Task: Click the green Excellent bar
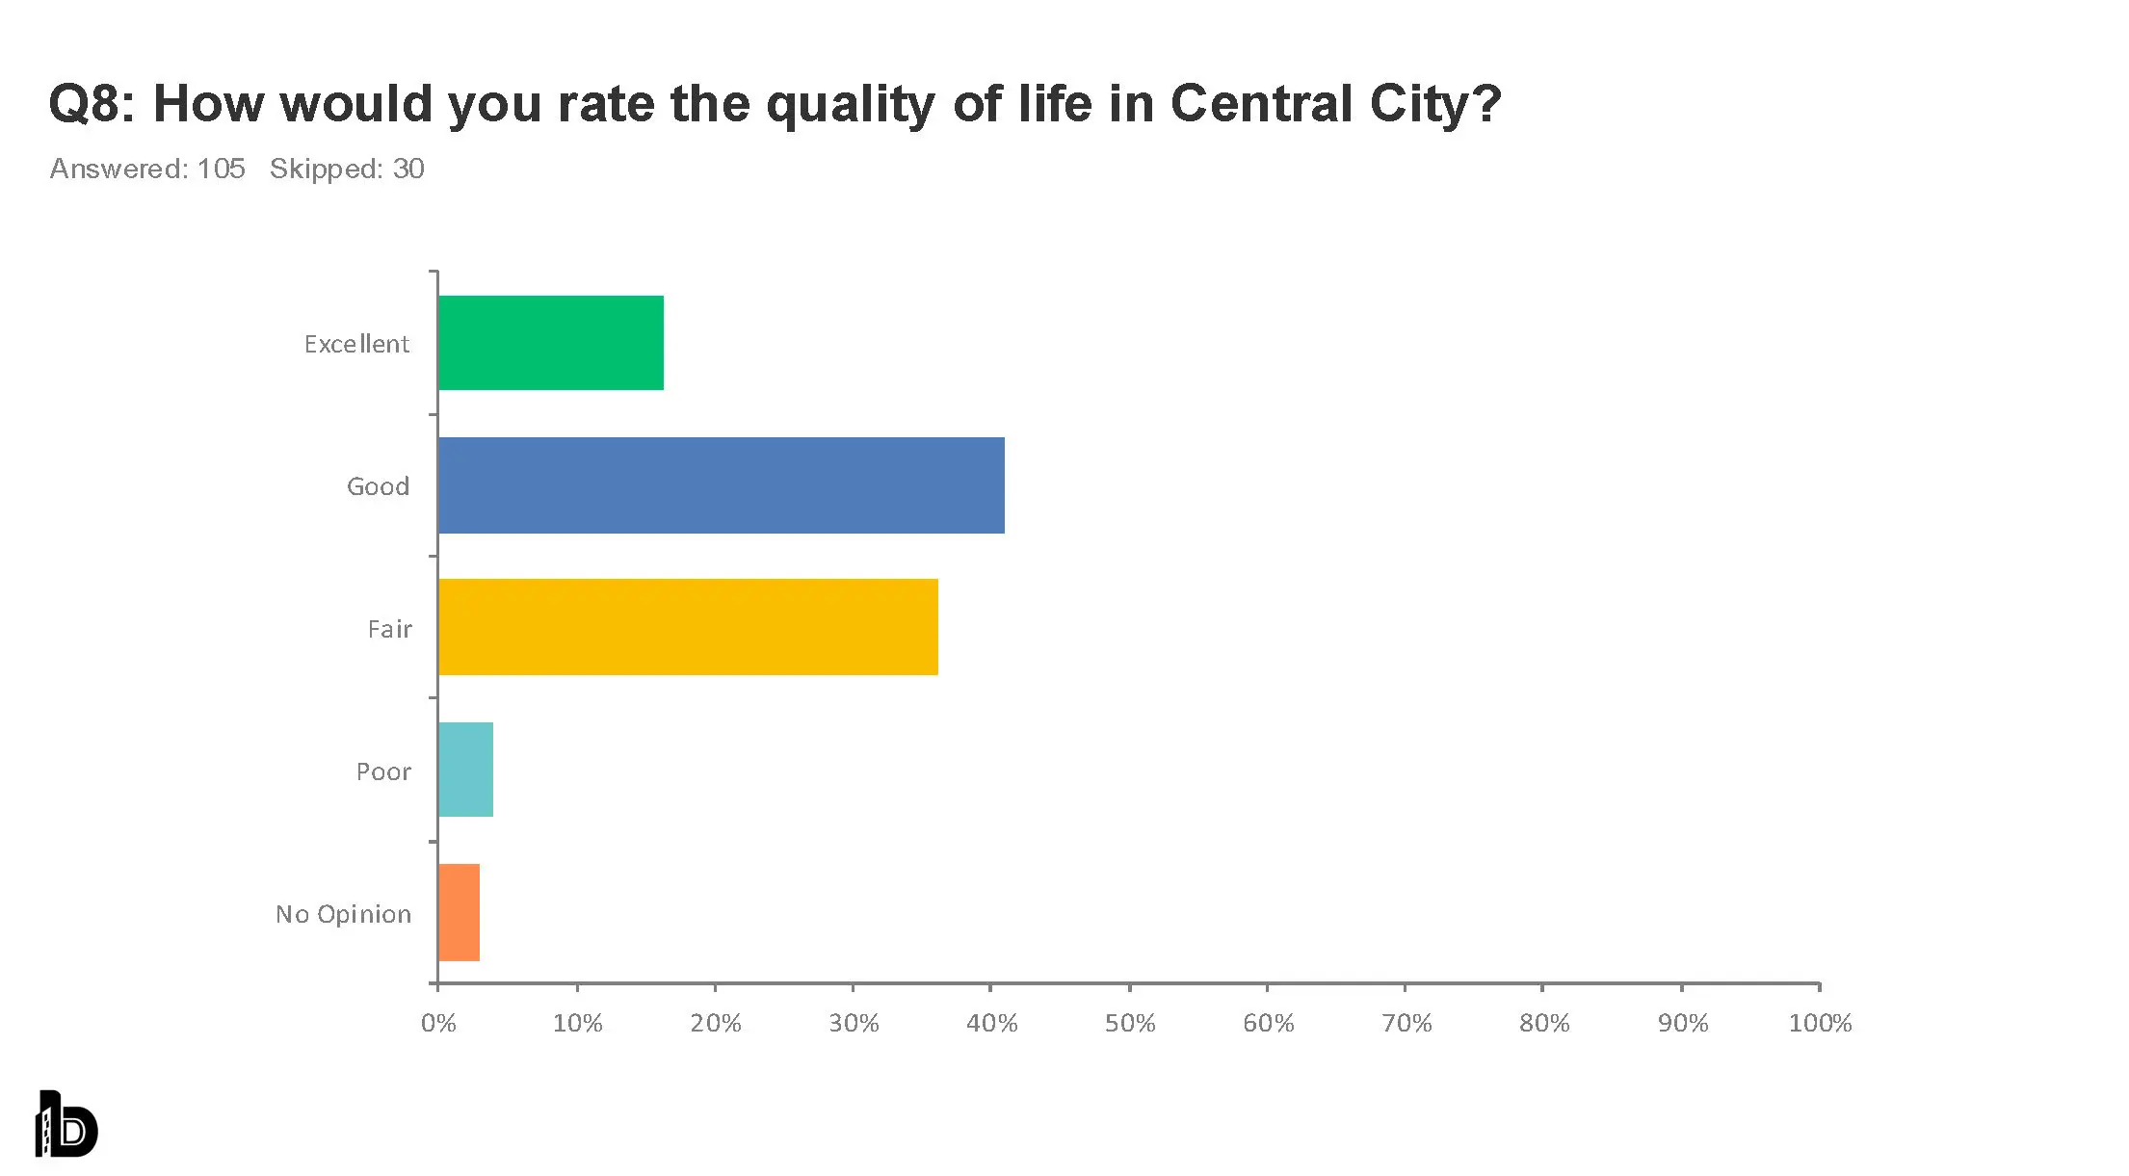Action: click(x=550, y=343)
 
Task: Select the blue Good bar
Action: click(x=721, y=485)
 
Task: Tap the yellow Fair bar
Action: click(x=688, y=627)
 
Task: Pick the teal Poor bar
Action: click(x=465, y=770)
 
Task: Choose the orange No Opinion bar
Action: click(x=459, y=912)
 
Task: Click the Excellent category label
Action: click(x=356, y=344)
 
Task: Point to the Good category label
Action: click(x=378, y=486)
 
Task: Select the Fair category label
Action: click(x=389, y=629)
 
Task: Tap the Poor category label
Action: click(x=383, y=771)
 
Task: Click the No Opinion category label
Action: click(x=343, y=914)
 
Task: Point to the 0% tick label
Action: click(x=438, y=1023)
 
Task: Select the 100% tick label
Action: click(x=1820, y=1023)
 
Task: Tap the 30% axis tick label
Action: click(x=854, y=1023)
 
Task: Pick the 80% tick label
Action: click(x=1544, y=1023)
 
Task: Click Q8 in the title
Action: click(x=86, y=103)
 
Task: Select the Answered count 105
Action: click(x=221, y=169)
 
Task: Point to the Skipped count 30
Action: click(x=408, y=169)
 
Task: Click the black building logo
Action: click(x=66, y=1124)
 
